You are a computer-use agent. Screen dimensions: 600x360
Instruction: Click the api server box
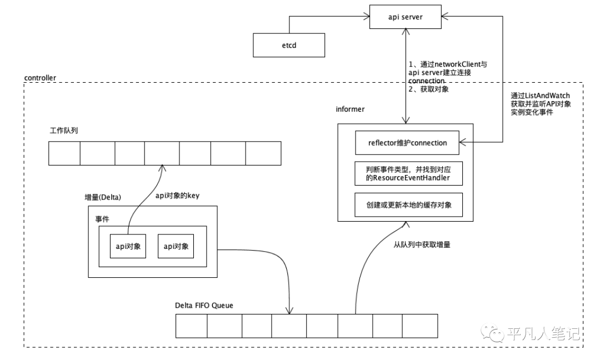pos(405,17)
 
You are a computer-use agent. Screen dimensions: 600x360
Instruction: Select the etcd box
pos(289,45)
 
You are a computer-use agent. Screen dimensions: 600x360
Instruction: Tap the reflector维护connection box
pos(407,143)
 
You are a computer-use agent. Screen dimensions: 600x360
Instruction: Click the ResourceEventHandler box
pos(409,174)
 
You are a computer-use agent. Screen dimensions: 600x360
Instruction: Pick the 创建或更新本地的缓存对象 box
pos(409,205)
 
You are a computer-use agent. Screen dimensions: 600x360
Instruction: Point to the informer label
pos(350,109)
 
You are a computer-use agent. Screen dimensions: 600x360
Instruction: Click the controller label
pos(40,78)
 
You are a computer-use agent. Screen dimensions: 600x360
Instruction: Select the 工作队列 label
pos(64,131)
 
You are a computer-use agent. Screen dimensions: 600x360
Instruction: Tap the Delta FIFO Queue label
pos(204,306)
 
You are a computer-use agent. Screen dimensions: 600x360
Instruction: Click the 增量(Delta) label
pos(103,197)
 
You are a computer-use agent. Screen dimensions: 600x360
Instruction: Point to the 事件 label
pos(102,219)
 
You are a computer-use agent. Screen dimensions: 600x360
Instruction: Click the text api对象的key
pos(178,196)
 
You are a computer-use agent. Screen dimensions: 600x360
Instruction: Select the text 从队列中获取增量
pos(422,244)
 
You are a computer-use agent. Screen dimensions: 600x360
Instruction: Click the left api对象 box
pos(128,246)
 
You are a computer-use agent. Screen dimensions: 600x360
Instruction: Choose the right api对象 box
pos(176,246)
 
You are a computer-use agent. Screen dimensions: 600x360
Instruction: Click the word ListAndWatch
pos(547,96)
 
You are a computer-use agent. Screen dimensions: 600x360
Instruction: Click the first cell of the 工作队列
pos(64,153)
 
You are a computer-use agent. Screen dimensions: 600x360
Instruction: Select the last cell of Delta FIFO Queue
pos(420,326)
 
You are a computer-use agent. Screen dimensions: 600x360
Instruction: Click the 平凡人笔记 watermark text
pos(543,333)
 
